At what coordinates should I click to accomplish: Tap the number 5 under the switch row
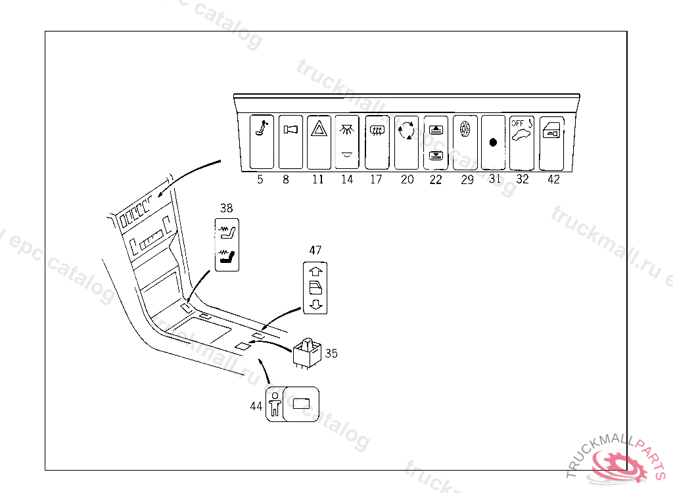260,179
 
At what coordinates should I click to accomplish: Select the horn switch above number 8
290,142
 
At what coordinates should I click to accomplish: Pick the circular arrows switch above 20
406,142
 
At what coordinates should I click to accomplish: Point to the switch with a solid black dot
493,143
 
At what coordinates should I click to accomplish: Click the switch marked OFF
522,142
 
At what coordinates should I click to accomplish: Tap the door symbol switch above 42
551,142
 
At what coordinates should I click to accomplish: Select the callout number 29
467,179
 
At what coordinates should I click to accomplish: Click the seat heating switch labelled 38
227,245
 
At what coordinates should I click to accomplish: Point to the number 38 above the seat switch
227,208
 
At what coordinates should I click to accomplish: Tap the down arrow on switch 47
314,304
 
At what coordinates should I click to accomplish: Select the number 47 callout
315,250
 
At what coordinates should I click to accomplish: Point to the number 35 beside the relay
331,353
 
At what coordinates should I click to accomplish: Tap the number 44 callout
256,406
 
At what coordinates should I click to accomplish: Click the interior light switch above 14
347,142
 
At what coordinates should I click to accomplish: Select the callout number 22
436,179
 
